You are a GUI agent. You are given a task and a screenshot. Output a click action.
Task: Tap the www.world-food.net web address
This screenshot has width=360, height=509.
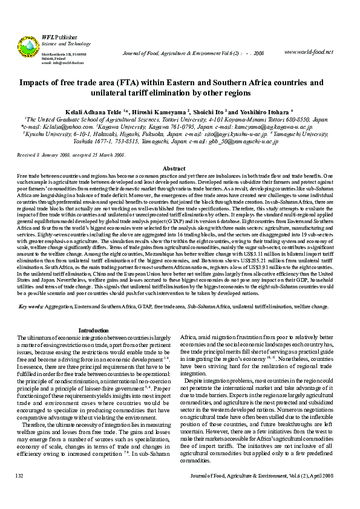[x=308, y=51]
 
